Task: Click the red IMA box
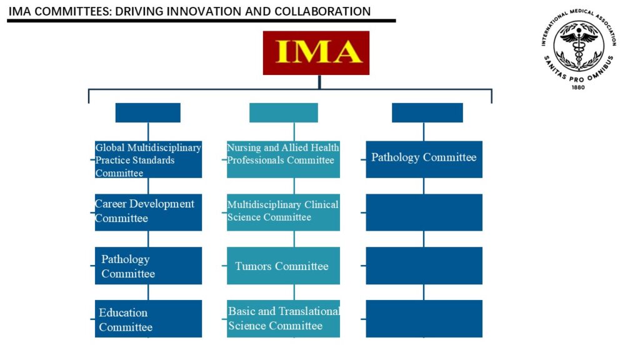pos(316,53)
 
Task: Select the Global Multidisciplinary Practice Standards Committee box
pos(148,159)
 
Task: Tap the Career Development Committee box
pos(148,212)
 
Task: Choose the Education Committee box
pos(148,319)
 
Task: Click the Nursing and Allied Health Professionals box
pos(283,159)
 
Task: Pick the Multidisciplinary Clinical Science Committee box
pos(283,212)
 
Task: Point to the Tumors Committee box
pos(283,266)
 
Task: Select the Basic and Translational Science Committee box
pos(283,319)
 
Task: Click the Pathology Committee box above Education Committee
pos(148,266)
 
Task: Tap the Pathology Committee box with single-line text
pos(424,159)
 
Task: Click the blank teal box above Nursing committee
pos(284,112)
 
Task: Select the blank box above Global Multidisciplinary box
pos(147,112)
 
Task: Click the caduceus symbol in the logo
pos(579,45)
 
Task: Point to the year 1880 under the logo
pos(578,87)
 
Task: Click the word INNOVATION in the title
pos(205,11)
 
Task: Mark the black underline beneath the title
pos(202,21)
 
